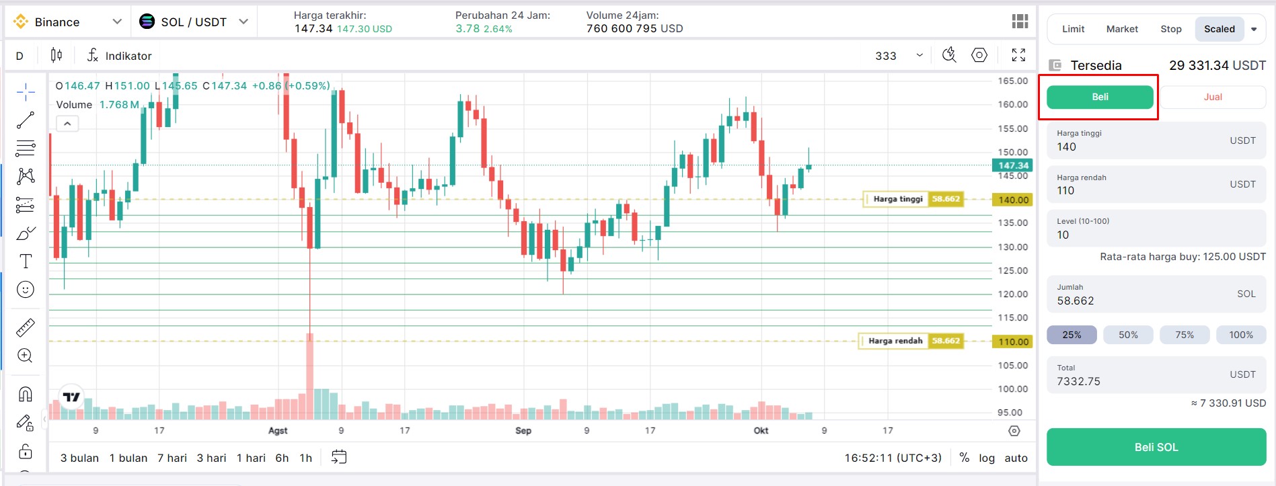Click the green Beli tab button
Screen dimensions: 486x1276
tap(1100, 97)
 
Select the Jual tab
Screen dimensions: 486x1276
tap(1212, 97)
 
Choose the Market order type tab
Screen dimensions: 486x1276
tap(1122, 29)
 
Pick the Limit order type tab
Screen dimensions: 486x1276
tap(1073, 29)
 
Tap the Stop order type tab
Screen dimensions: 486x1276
tap(1170, 29)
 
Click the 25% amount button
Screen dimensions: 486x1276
tap(1072, 335)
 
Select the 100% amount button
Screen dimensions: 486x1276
tap(1240, 335)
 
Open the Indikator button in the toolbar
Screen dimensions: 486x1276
tap(120, 56)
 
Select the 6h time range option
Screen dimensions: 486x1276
tap(282, 458)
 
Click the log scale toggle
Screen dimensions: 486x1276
tap(986, 458)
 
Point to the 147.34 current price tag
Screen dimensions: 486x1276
tap(1012, 165)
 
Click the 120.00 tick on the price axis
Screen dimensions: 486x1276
tap(1012, 294)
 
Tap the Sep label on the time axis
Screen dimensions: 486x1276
tap(523, 430)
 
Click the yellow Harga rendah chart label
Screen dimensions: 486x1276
tap(895, 341)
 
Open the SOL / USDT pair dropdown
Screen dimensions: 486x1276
tap(194, 22)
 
